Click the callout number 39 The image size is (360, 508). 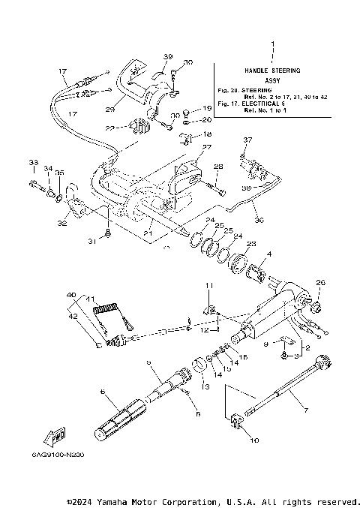(x=167, y=56)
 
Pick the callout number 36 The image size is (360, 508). (x=260, y=220)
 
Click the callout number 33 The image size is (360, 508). (x=32, y=163)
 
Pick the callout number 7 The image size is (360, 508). (x=304, y=410)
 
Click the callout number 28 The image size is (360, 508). (x=217, y=166)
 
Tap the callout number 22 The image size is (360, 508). (x=109, y=129)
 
